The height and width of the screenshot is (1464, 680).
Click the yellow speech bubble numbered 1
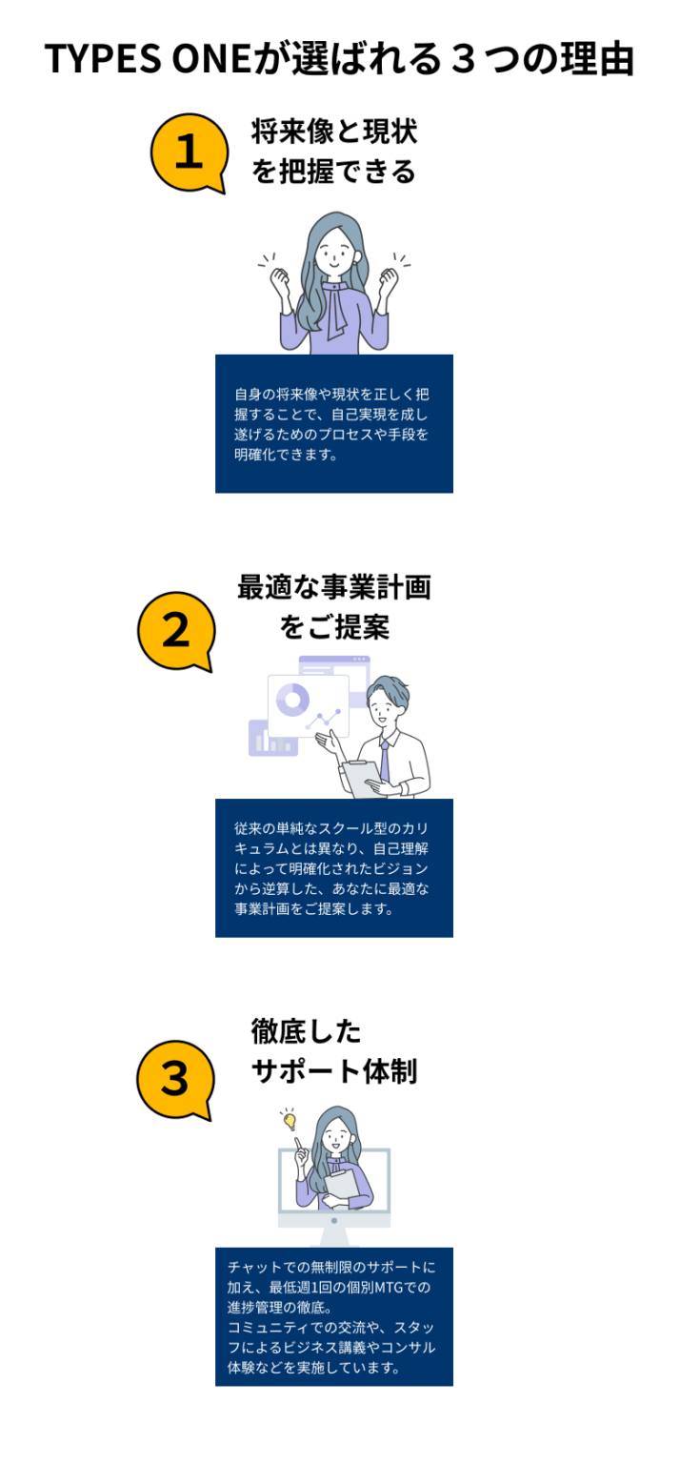pyautogui.click(x=190, y=153)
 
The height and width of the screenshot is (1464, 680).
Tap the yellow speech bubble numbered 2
pyautogui.click(x=176, y=631)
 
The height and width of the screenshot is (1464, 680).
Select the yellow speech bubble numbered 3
pyautogui.click(x=175, y=1080)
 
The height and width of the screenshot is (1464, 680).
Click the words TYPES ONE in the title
pyautogui.click(x=148, y=59)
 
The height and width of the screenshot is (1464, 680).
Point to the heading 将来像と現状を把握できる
pyautogui.click(x=333, y=152)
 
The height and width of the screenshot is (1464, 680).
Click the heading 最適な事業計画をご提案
pyautogui.click(x=333, y=607)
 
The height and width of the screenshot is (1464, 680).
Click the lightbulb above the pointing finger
pyautogui.click(x=290, y=1121)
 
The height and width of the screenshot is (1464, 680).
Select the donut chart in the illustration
pyautogui.click(x=292, y=700)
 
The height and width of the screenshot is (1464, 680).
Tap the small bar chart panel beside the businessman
pyautogui.click(x=272, y=738)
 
